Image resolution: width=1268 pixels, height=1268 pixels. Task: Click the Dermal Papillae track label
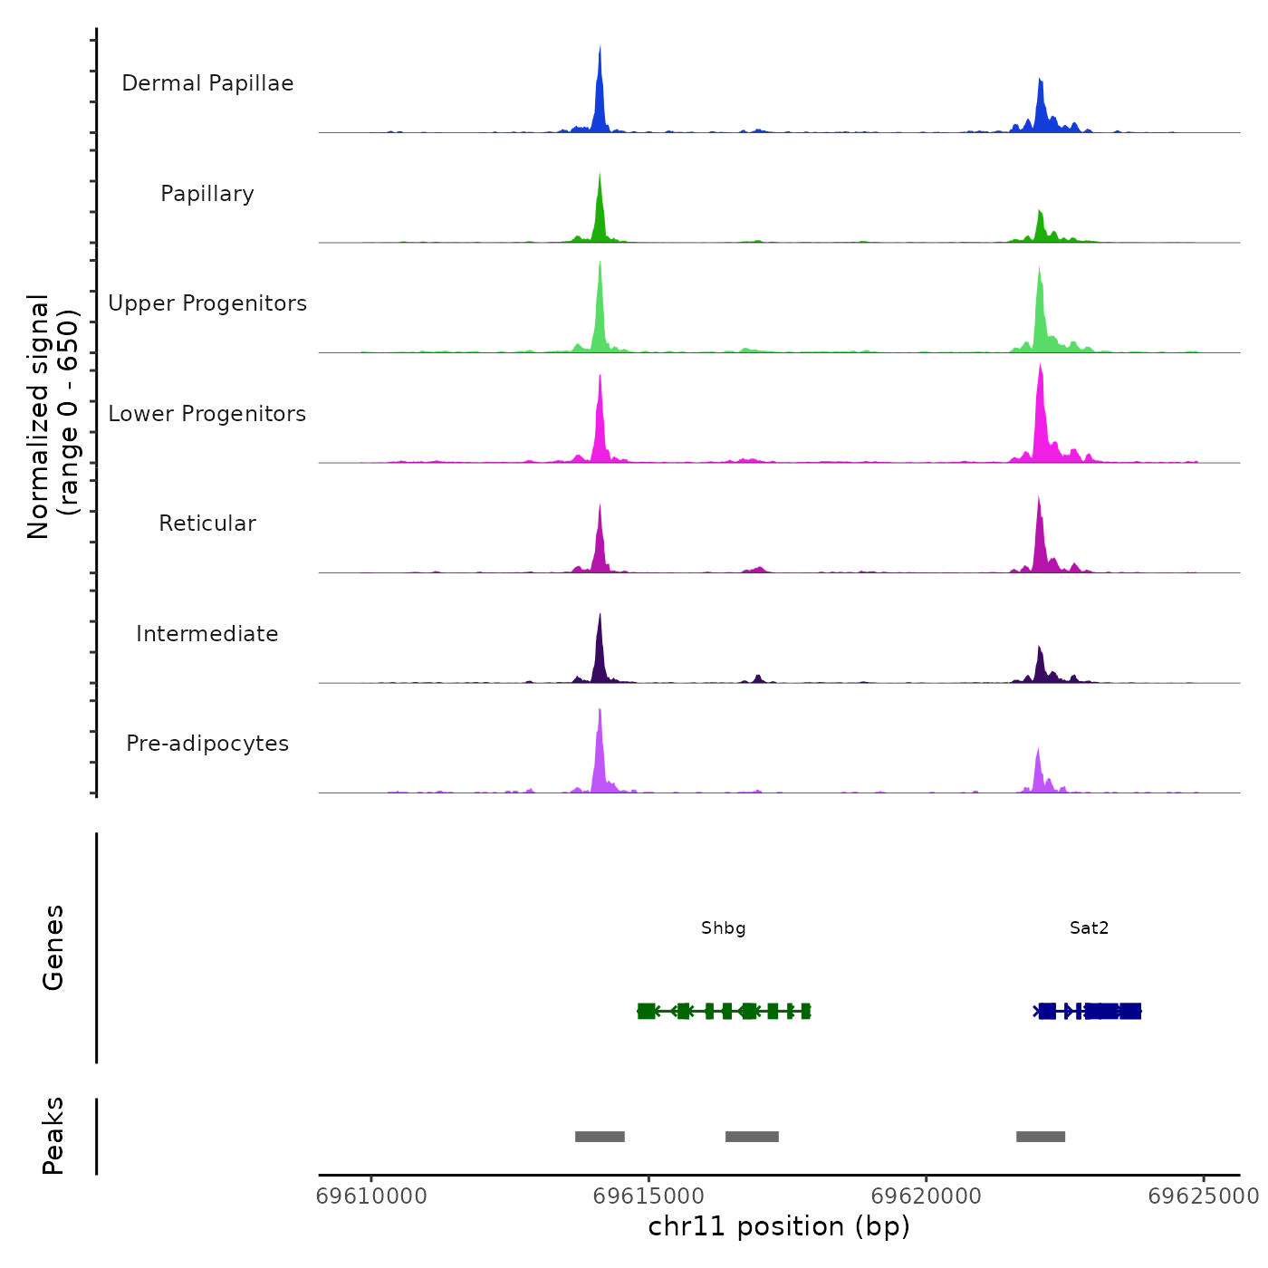(207, 83)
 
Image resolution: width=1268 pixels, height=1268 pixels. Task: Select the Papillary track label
(207, 194)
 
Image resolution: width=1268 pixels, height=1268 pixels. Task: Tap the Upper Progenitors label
(207, 303)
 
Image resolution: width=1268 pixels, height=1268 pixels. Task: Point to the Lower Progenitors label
(207, 414)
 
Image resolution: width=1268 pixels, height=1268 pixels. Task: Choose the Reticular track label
(207, 524)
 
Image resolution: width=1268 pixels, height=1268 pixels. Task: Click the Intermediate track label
(207, 634)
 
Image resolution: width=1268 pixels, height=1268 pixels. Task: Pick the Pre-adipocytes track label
(207, 744)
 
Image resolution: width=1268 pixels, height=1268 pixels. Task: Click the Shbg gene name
(724, 928)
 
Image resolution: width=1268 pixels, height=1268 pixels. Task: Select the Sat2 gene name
(1089, 928)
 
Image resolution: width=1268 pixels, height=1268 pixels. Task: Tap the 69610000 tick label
(371, 1196)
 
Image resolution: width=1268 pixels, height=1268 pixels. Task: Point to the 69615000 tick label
(648, 1196)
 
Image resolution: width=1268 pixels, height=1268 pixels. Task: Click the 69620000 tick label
(926, 1196)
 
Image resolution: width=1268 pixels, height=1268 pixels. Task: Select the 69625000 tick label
(1203, 1196)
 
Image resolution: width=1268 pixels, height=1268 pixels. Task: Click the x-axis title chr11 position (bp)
(779, 1226)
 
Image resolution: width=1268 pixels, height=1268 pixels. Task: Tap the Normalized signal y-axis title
(53, 417)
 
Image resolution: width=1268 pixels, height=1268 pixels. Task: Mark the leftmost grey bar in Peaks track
(600, 1137)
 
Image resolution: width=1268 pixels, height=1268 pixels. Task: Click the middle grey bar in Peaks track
(752, 1137)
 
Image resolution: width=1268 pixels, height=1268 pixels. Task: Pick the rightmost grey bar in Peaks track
(1041, 1137)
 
